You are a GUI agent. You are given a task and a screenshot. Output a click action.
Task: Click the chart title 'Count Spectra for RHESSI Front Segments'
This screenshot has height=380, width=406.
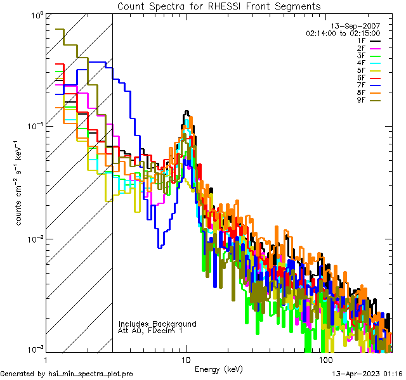(219, 6)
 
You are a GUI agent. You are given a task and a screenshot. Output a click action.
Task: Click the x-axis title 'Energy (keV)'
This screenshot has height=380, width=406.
(219, 369)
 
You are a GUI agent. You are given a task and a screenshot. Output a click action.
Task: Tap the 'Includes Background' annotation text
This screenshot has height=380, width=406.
(157, 324)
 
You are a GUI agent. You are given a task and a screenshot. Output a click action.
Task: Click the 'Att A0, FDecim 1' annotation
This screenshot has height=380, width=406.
(150, 331)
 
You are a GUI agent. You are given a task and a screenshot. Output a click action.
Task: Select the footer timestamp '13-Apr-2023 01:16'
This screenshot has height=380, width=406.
(365, 374)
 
